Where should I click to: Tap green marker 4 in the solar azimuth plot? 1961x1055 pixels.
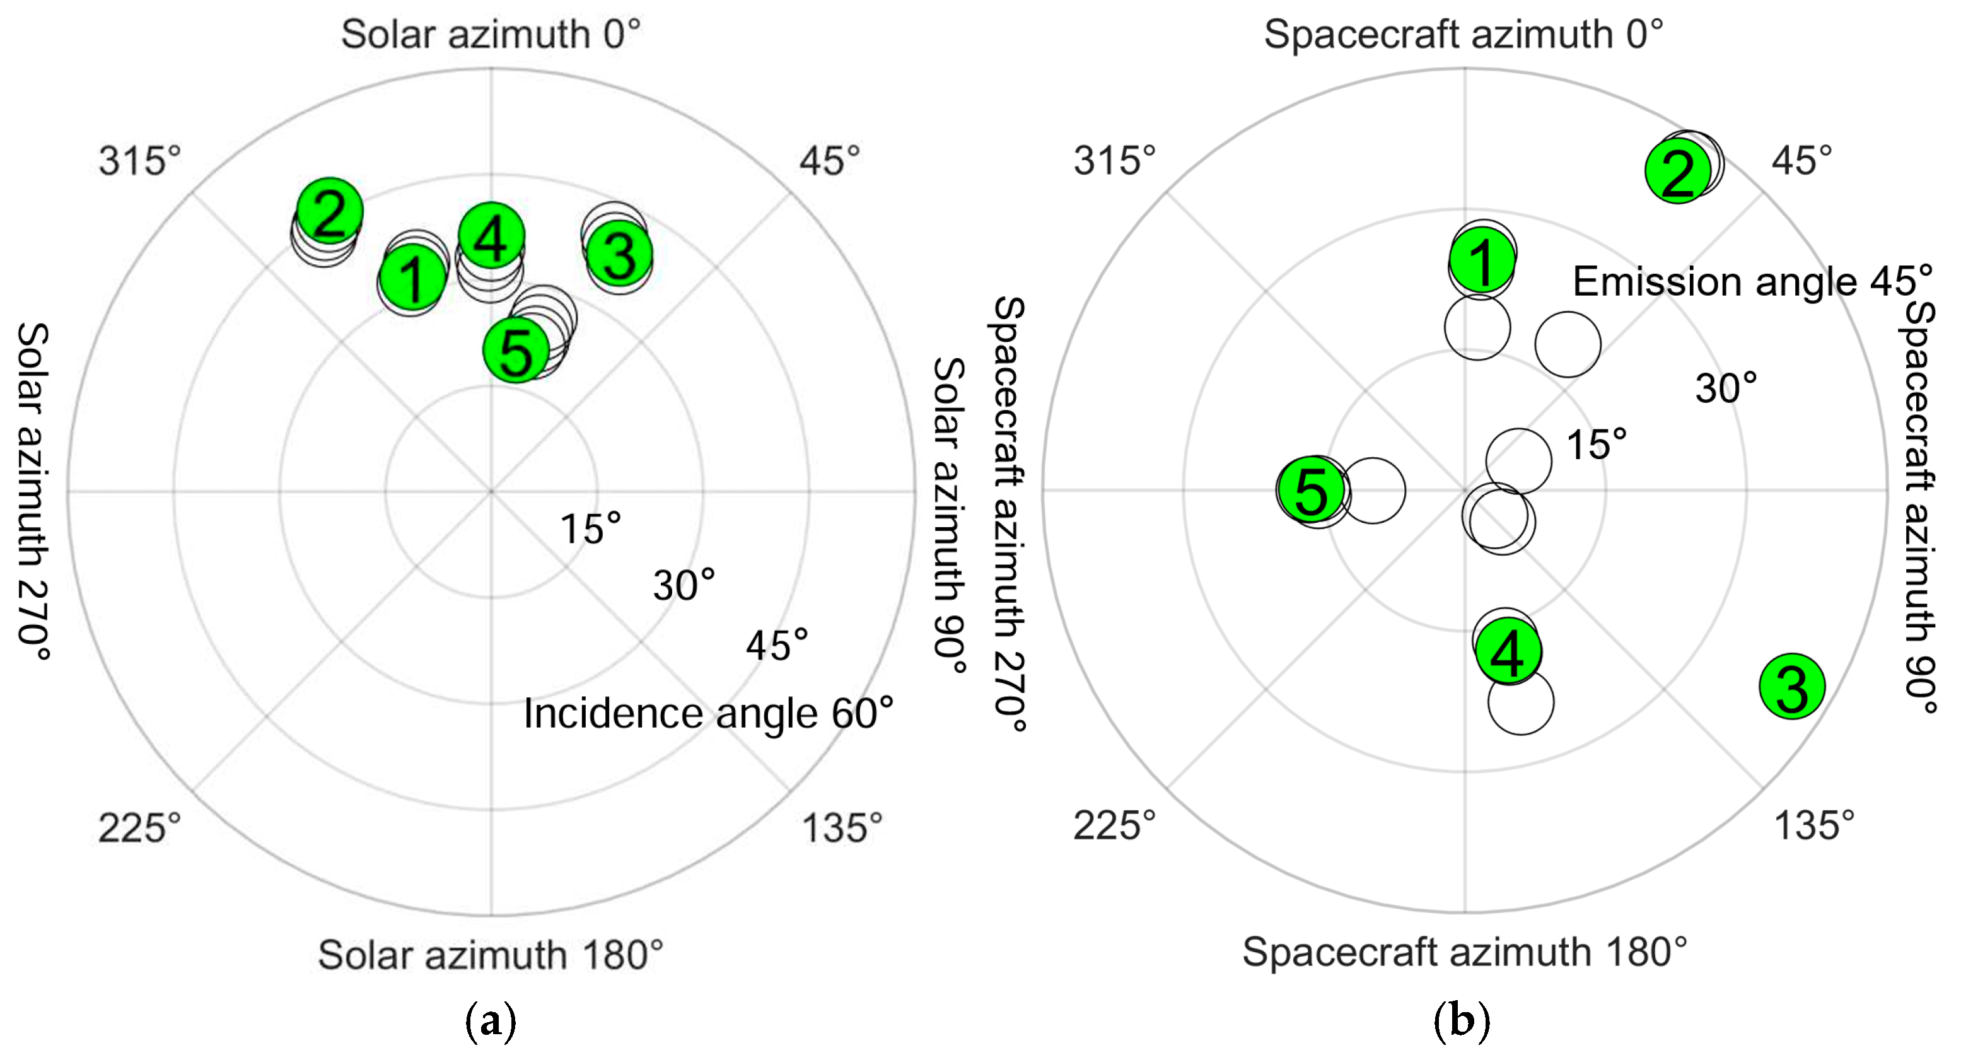[491, 236]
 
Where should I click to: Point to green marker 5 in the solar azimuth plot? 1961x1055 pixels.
[516, 350]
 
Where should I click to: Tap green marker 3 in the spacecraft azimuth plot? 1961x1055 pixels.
[1792, 687]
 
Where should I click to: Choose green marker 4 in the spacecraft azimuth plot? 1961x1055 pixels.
[1508, 651]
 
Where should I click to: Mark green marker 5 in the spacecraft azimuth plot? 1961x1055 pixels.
[1311, 490]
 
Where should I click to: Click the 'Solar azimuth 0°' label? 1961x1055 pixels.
[491, 34]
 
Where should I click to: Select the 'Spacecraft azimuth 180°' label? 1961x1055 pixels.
[1464, 952]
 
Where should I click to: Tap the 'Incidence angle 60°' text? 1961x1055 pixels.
[708, 714]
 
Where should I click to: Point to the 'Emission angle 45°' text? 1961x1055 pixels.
[1752, 282]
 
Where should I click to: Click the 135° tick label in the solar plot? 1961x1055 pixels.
[841, 827]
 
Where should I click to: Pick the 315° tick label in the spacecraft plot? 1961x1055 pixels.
[1114, 161]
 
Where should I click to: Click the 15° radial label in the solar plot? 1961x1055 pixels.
[591, 528]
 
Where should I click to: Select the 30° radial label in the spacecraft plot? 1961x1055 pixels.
[1726, 388]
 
